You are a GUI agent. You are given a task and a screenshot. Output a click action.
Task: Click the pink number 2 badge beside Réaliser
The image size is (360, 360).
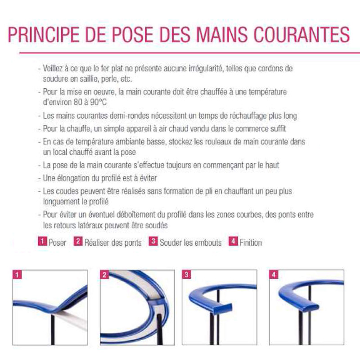tap(78, 242)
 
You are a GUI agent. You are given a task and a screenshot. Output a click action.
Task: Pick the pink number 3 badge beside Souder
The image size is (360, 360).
tap(153, 242)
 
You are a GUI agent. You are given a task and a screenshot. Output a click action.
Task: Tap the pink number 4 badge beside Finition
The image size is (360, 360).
tap(233, 242)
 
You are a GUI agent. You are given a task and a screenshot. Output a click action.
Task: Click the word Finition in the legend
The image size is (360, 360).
tap(251, 243)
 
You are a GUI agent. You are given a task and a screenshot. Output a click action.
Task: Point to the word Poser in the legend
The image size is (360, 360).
tap(57, 243)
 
